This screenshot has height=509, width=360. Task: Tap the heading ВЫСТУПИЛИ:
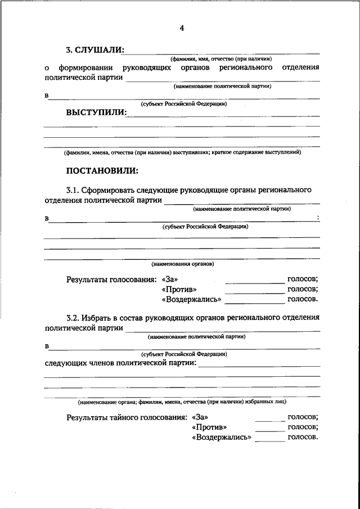pyautogui.click(x=96, y=112)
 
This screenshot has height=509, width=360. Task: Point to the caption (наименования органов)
pyautogui.click(x=182, y=263)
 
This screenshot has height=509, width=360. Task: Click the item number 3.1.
pyautogui.click(x=73, y=190)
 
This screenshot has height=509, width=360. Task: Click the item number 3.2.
pyautogui.click(x=73, y=318)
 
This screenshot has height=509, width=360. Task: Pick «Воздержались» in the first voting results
pyautogui.click(x=191, y=299)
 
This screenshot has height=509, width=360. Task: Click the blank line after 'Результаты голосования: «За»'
pyautogui.click(x=254, y=282)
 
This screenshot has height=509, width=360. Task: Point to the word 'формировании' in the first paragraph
pyautogui.click(x=84, y=67)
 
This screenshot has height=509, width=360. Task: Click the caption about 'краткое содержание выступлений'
pyautogui.click(x=182, y=152)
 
